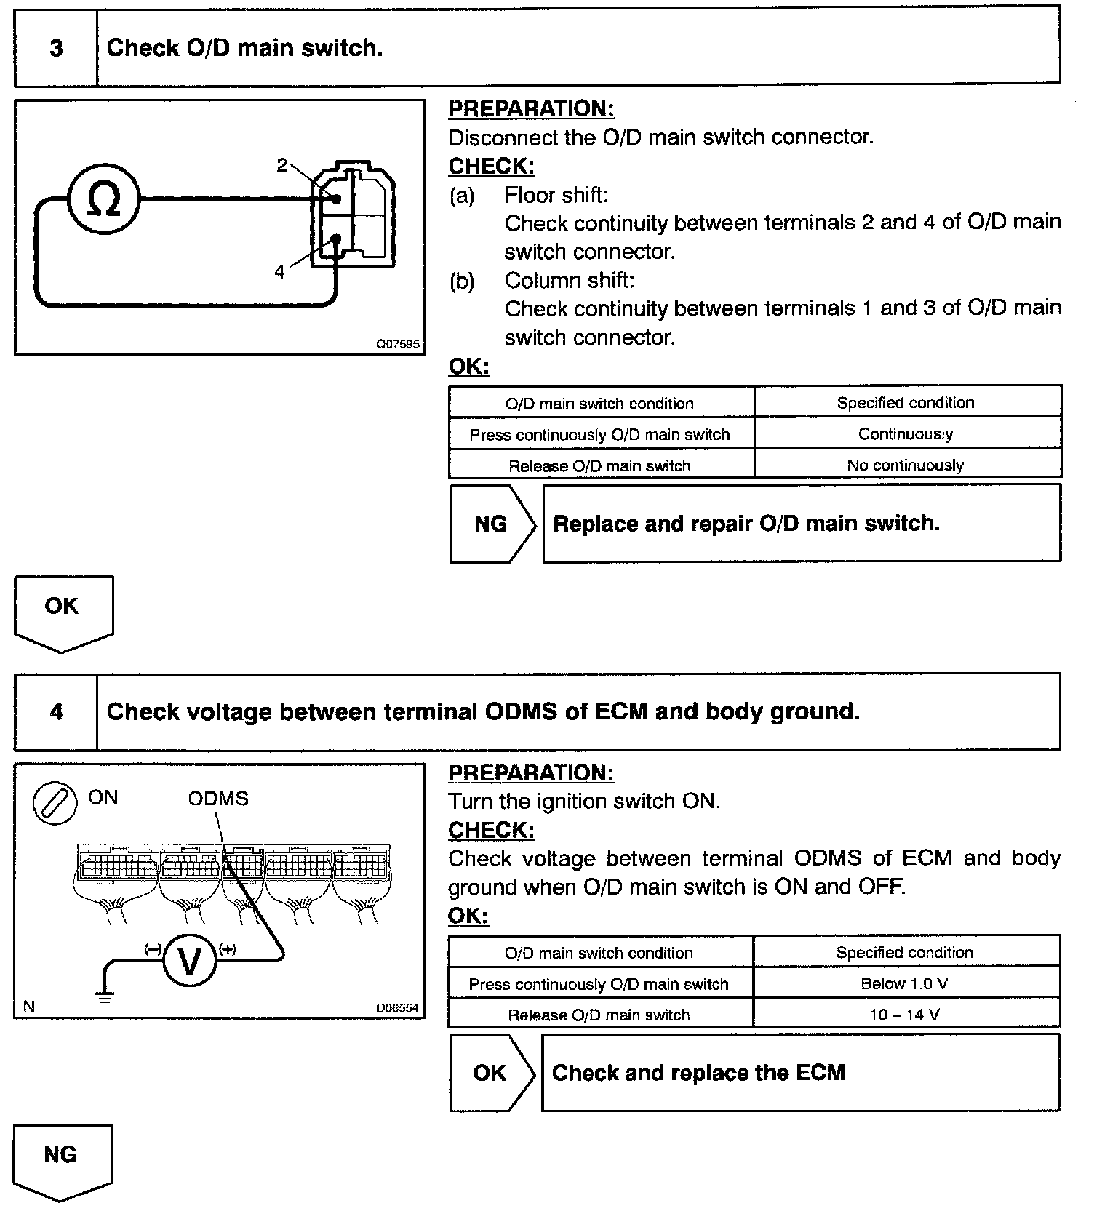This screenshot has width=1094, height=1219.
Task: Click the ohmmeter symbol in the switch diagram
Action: coord(103,199)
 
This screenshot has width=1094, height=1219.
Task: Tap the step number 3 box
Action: coord(56,48)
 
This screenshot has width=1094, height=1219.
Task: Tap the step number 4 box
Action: coord(56,711)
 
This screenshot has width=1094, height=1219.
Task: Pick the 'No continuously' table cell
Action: coord(906,465)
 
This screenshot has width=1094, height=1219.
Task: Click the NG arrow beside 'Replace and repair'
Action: coord(492,524)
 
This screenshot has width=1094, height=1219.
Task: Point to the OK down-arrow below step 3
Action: coord(63,609)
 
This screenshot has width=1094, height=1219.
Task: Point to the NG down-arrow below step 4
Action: coord(62,1159)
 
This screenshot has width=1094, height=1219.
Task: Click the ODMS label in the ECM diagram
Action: coord(218,799)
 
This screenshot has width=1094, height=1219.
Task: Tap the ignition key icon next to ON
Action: coord(55,804)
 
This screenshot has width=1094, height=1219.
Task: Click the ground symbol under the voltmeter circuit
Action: coord(105,996)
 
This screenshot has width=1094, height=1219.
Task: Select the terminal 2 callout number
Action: coord(282,165)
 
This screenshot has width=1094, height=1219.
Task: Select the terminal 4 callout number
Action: coord(280,272)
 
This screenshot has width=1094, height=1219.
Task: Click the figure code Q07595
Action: coord(397,344)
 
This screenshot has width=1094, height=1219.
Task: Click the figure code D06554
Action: coord(396,1008)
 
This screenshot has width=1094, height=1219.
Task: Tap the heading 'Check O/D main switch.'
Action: coord(244,48)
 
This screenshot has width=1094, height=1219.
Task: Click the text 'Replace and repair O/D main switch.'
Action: coord(746,524)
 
